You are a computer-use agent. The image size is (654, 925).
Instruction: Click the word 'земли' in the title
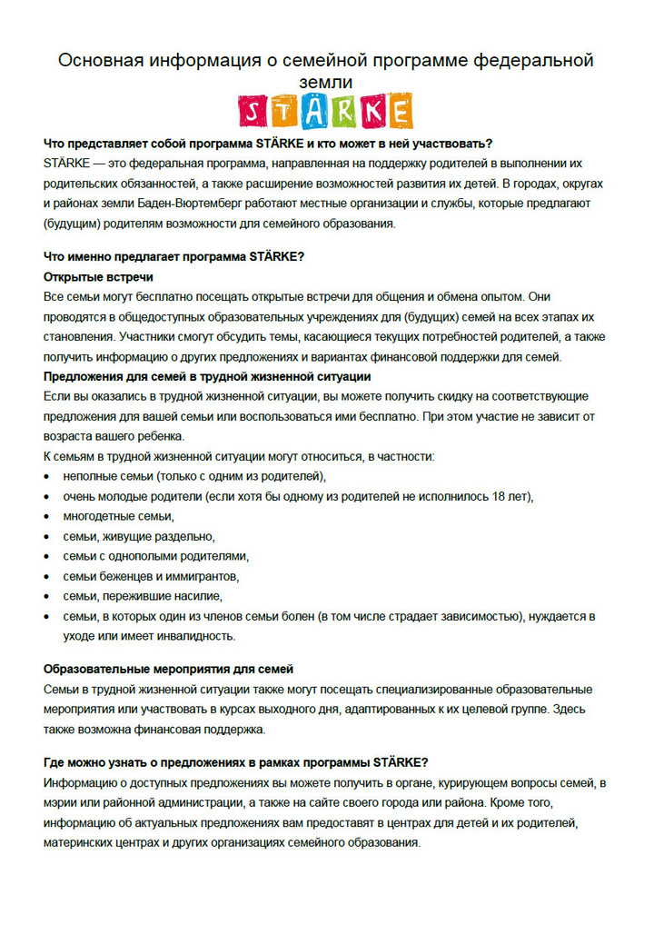pyautogui.click(x=326, y=83)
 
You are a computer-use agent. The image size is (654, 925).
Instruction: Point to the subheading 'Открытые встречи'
pyautogui.click(x=98, y=276)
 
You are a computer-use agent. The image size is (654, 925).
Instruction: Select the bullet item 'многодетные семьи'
pyautogui.click(x=117, y=516)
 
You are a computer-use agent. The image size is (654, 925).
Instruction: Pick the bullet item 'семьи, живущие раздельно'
pyautogui.click(x=139, y=536)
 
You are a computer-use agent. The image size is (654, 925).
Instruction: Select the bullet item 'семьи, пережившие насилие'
pyautogui.click(x=143, y=596)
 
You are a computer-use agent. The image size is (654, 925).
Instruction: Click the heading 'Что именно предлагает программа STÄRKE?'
pyautogui.click(x=173, y=256)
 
